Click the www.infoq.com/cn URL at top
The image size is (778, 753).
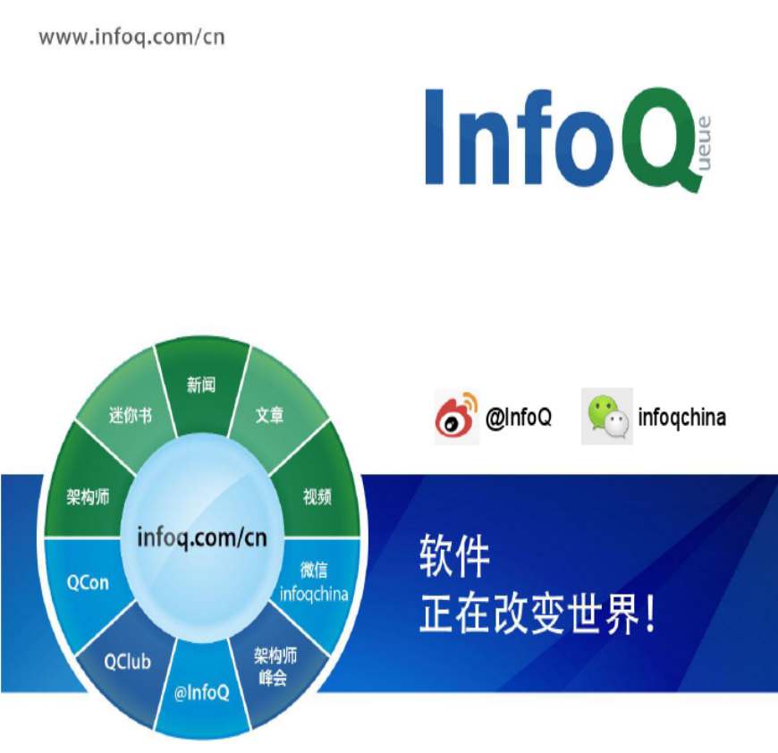pyautogui.click(x=132, y=38)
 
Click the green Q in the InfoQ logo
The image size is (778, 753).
pyautogui.click(x=657, y=139)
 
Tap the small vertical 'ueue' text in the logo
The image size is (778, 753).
pyautogui.click(x=705, y=143)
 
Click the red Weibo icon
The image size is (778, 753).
pyautogui.click(x=456, y=417)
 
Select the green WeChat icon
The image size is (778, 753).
pyautogui.click(x=607, y=416)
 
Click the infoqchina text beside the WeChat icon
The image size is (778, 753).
pyautogui.click(x=681, y=417)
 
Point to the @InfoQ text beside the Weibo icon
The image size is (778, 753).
pyautogui.click(x=519, y=417)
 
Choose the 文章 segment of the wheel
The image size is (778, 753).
pyautogui.click(x=272, y=411)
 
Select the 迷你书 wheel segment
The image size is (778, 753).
pyautogui.click(x=128, y=411)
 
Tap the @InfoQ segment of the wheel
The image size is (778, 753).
pyautogui.click(x=201, y=690)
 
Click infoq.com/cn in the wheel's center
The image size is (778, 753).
pyautogui.click(x=202, y=538)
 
